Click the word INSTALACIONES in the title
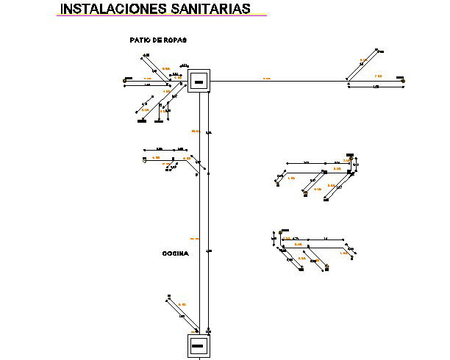[106, 9]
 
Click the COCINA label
[175, 253]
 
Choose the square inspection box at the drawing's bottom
[198, 345]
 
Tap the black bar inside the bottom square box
[198, 345]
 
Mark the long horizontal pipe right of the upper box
[279, 80]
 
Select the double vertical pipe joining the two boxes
[204, 213]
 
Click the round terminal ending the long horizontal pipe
[402, 80]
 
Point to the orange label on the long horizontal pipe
[266, 77]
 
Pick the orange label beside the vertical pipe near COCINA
[195, 238]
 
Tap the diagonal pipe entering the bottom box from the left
[184, 319]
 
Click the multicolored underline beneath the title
[162, 16]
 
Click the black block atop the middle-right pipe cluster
[349, 156]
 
